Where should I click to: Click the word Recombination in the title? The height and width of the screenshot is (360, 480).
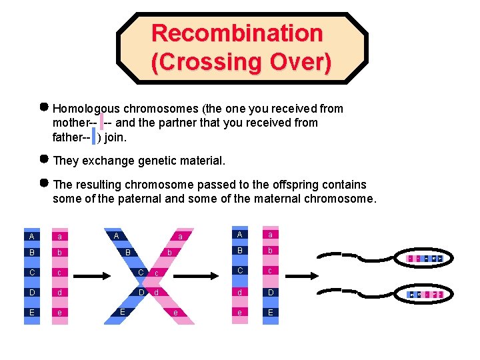237,33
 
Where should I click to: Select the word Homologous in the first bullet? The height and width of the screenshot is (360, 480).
87,108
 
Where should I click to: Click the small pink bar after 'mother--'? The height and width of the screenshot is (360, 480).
101,123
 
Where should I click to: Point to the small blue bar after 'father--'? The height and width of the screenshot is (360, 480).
94,137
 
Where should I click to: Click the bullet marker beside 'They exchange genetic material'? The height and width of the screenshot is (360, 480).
44,160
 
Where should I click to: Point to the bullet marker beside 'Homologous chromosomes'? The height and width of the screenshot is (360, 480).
44,107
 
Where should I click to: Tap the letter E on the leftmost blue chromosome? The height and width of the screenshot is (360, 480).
32,312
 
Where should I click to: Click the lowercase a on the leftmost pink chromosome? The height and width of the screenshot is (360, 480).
60,236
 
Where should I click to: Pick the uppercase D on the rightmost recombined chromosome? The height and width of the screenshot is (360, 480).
270,293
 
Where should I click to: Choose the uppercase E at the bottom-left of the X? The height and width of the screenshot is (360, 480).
122,312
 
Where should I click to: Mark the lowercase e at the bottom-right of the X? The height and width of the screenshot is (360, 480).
175,312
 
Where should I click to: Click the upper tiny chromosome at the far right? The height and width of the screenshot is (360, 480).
425,258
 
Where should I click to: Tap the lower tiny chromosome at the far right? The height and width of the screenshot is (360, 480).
425,294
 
